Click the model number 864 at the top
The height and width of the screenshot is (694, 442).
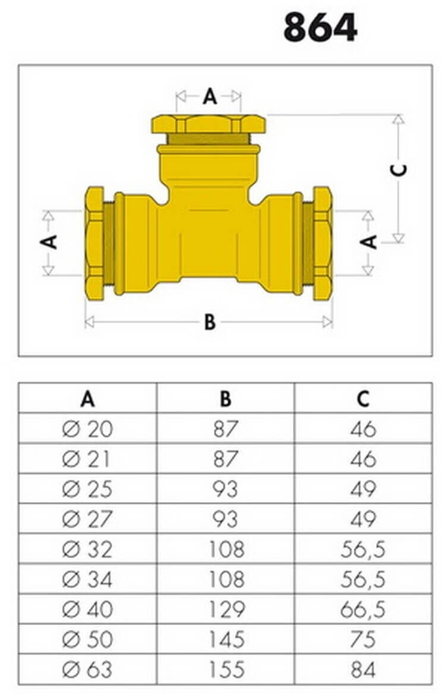coord(320,27)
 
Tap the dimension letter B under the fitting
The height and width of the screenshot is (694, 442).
coord(210,322)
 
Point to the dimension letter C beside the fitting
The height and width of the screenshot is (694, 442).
coord(400,169)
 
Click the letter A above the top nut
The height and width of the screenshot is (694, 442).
coord(210,96)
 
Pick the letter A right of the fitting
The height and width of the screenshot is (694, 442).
coord(368,242)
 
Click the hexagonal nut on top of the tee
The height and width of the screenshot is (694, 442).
coord(209,124)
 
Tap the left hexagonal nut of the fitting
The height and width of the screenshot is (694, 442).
coord(94,244)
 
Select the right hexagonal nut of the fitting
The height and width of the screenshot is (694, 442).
coord(323,244)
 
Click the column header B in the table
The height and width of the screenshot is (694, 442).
coord(225,399)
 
